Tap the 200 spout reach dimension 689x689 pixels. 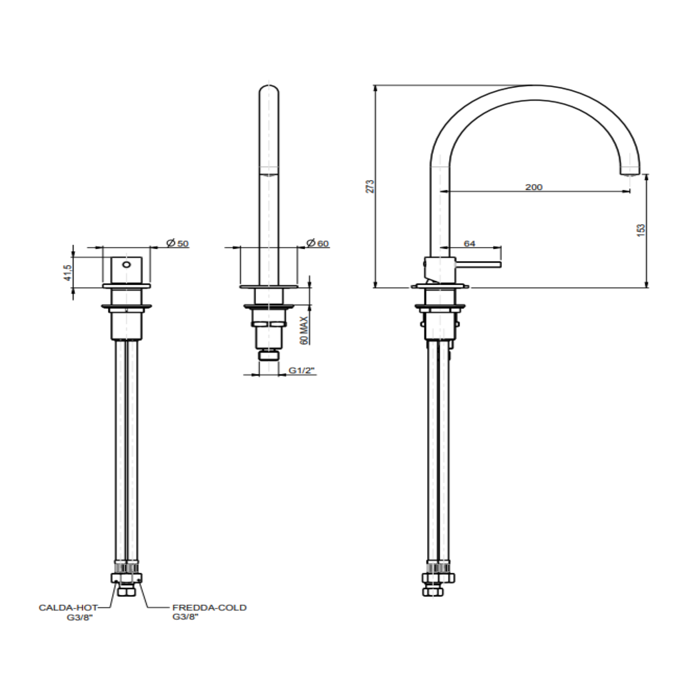pos(534,187)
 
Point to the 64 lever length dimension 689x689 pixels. pos(469,244)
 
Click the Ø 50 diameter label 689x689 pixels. pos(178,243)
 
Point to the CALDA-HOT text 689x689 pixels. pos(68,607)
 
